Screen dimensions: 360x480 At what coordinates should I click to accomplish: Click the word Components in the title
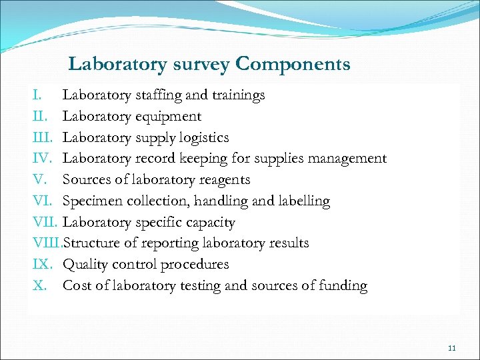click(293, 65)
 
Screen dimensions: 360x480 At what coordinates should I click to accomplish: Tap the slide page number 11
click(452, 348)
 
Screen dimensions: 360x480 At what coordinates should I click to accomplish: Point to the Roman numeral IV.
click(41, 159)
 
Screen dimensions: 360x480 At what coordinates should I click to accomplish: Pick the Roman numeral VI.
click(41, 201)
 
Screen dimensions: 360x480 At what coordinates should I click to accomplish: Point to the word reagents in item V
click(222, 180)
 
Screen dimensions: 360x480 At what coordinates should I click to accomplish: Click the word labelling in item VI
click(301, 201)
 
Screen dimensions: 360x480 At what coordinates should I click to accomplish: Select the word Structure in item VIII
click(92, 243)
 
